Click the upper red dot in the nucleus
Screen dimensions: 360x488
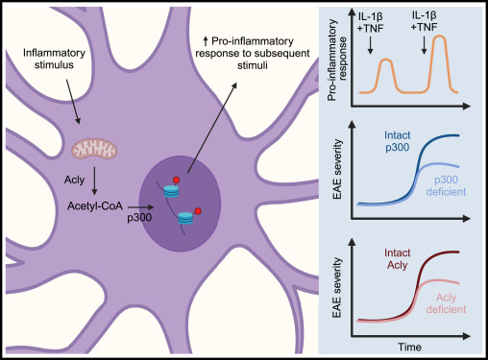176,180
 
